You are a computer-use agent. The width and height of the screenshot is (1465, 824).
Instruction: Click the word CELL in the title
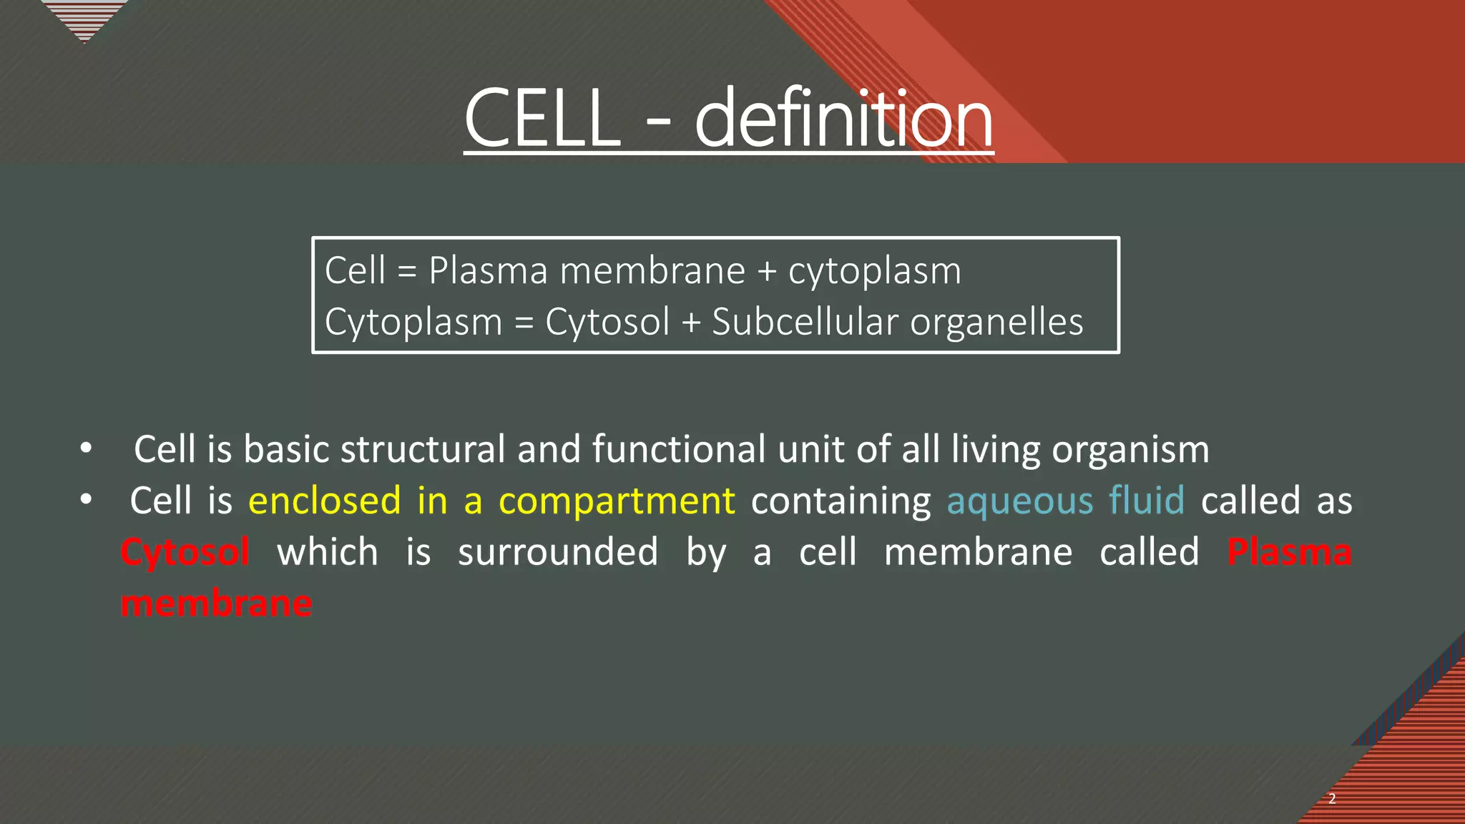[542, 118]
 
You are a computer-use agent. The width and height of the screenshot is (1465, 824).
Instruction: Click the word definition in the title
[844, 118]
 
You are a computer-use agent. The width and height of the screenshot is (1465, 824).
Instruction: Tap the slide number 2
[1332, 799]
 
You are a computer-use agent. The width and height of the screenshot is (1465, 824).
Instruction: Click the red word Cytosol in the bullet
[185, 552]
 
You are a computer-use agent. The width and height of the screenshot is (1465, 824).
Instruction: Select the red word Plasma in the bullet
[1289, 552]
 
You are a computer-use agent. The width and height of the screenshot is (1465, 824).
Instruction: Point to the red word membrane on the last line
[217, 604]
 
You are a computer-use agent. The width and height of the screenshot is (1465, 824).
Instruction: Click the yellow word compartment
[617, 501]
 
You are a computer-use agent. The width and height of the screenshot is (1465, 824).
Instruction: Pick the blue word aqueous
[1020, 501]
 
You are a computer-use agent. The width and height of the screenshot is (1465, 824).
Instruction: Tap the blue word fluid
[1147, 500]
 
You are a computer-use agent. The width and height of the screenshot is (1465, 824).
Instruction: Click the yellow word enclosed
[324, 500]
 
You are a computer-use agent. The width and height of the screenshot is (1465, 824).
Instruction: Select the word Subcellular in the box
[805, 322]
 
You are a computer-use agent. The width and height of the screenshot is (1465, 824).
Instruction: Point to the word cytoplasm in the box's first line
[874, 272]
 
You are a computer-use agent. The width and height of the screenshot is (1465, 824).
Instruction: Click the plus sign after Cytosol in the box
[691, 323]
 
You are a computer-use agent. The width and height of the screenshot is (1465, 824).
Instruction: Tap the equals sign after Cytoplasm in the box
[524, 323]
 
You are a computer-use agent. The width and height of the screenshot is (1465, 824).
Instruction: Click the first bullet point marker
[86, 448]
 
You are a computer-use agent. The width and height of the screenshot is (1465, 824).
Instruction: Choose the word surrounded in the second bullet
[558, 552]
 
